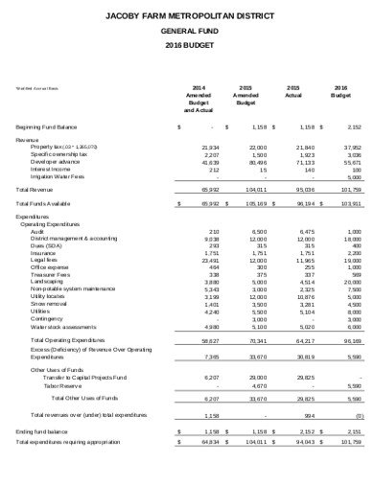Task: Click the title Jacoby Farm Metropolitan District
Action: click(x=186, y=16)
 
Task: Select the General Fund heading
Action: click(x=186, y=31)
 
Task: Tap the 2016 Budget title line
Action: click(x=186, y=45)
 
